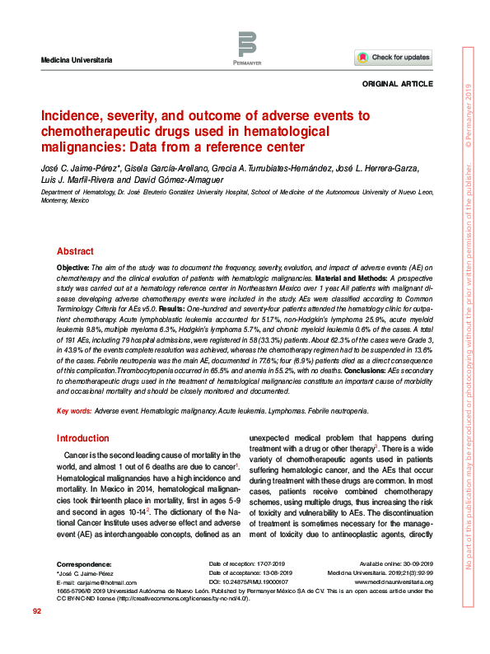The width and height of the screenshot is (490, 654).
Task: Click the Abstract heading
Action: (x=75, y=252)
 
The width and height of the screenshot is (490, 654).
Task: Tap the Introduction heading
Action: (x=82, y=438)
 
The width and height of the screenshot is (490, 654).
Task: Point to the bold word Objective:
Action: (x=72, y=269)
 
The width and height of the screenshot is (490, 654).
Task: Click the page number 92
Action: (x=37, y=634)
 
